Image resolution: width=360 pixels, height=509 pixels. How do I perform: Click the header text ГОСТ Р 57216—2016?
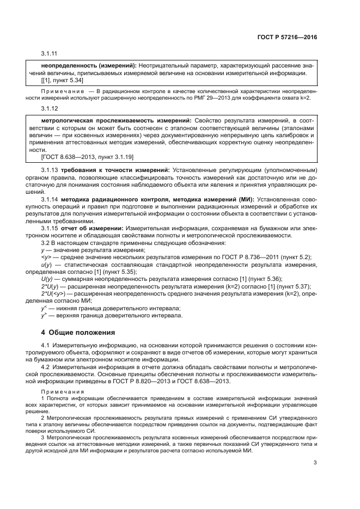[x=286, y=38]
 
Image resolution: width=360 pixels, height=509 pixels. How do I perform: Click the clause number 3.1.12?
[x=50, y=108]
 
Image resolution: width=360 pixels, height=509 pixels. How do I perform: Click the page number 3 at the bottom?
[x=315, y=463]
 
